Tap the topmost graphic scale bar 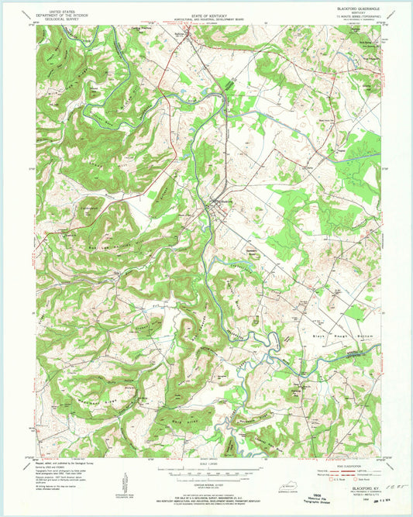coord(206,469)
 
